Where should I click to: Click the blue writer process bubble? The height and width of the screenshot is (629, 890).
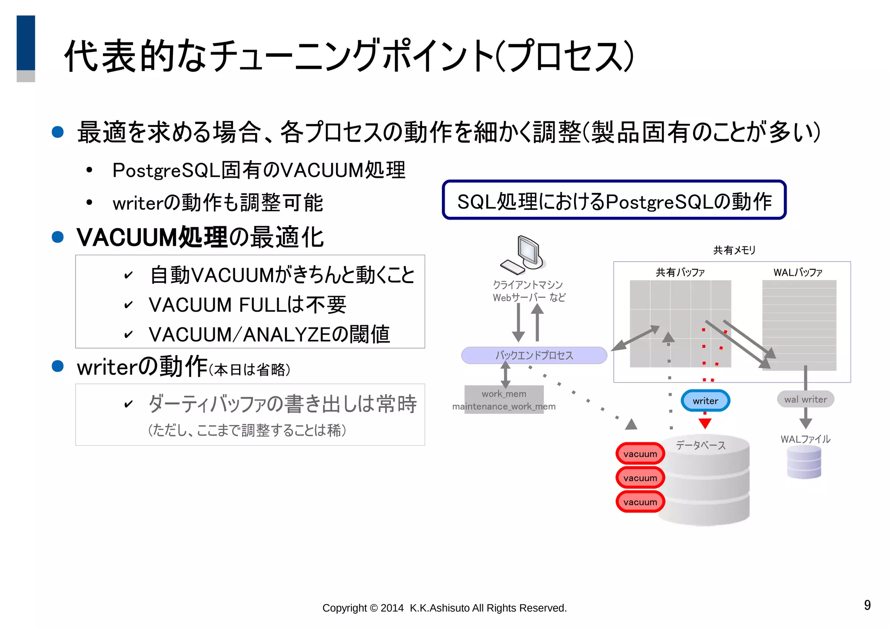(x=705, y=401)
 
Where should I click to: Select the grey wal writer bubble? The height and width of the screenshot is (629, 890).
(x=805, y=399)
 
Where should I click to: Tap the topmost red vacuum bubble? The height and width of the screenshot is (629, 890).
(x=640, y=454)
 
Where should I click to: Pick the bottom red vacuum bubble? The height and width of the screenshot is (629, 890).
(x=640, y=502)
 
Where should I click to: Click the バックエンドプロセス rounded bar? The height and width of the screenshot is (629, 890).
(x=534, y=355)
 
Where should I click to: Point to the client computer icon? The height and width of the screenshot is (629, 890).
(x=524, y=255)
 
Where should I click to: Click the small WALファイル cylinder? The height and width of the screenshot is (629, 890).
(x=804, y=463)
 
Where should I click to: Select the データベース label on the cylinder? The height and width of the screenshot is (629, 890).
(x=701, y=445)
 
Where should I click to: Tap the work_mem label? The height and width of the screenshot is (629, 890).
(x=504, y=394)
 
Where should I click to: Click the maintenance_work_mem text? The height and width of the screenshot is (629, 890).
(x=504, y=407)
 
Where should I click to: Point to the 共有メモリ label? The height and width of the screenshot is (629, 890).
(x=734, y=250)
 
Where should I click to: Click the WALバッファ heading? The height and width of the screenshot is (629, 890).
(x=798, y=273)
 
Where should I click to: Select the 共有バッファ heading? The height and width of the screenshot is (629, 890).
(x=680, y=273)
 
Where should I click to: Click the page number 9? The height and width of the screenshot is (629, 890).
(x=867, y=605)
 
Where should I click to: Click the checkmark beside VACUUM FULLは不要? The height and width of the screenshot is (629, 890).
(x=128, y=305)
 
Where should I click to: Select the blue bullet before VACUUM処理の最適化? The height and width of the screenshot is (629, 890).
(x=58, y=237)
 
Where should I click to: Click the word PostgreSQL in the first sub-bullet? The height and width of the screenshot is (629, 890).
(x=166, y=170)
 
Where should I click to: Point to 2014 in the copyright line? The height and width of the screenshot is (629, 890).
(x=392, y=608)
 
